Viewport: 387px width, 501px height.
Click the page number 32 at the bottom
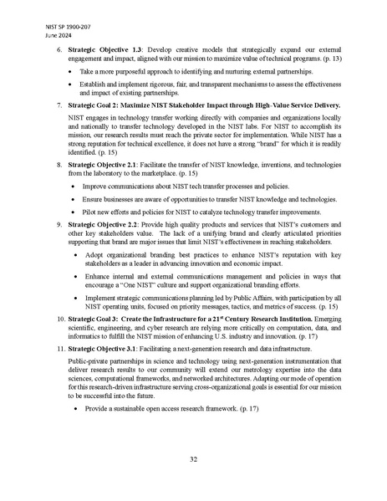coord(193,459)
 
